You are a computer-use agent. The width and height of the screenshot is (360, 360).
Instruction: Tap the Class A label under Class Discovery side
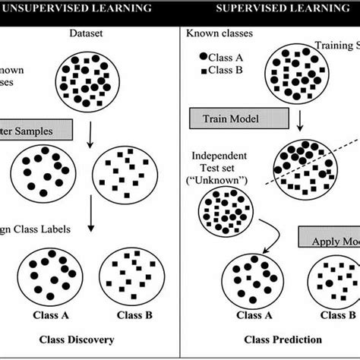(x=51, y=314)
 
